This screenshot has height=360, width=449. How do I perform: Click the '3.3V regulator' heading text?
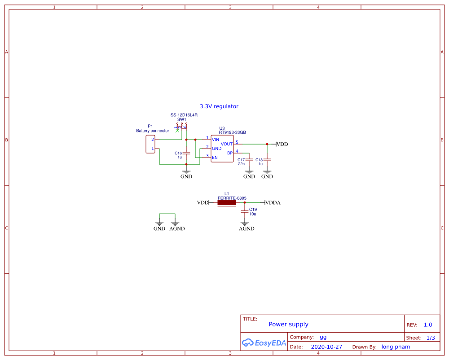[219, 106]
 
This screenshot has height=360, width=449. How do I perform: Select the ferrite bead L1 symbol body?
[227, 203]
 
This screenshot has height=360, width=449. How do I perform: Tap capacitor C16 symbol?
[186, 153]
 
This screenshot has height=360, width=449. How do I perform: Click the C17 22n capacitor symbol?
[249, 160]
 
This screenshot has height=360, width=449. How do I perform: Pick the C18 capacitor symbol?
[267, 160]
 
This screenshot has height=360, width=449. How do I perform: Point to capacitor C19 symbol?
[245, 211]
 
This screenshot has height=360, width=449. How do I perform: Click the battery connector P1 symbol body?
[150, 144]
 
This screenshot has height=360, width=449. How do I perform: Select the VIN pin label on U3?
[216, 140]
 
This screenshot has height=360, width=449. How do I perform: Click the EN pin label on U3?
[215, 158]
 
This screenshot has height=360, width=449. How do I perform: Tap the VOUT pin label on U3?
[227, 144]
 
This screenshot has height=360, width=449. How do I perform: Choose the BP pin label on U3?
[229, 153]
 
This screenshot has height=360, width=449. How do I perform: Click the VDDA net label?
[273, 203]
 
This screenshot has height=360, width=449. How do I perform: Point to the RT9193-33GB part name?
[232, 132]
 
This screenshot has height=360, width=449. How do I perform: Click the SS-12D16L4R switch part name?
[184, 115]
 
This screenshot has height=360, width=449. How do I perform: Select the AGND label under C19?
[247, 228]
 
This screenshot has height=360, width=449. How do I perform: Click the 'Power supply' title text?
[288, 324]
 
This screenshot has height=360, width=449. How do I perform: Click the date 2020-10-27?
[326, 347]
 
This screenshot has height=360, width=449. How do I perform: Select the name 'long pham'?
[396, 347]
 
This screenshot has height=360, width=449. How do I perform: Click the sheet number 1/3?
[431, 338]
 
